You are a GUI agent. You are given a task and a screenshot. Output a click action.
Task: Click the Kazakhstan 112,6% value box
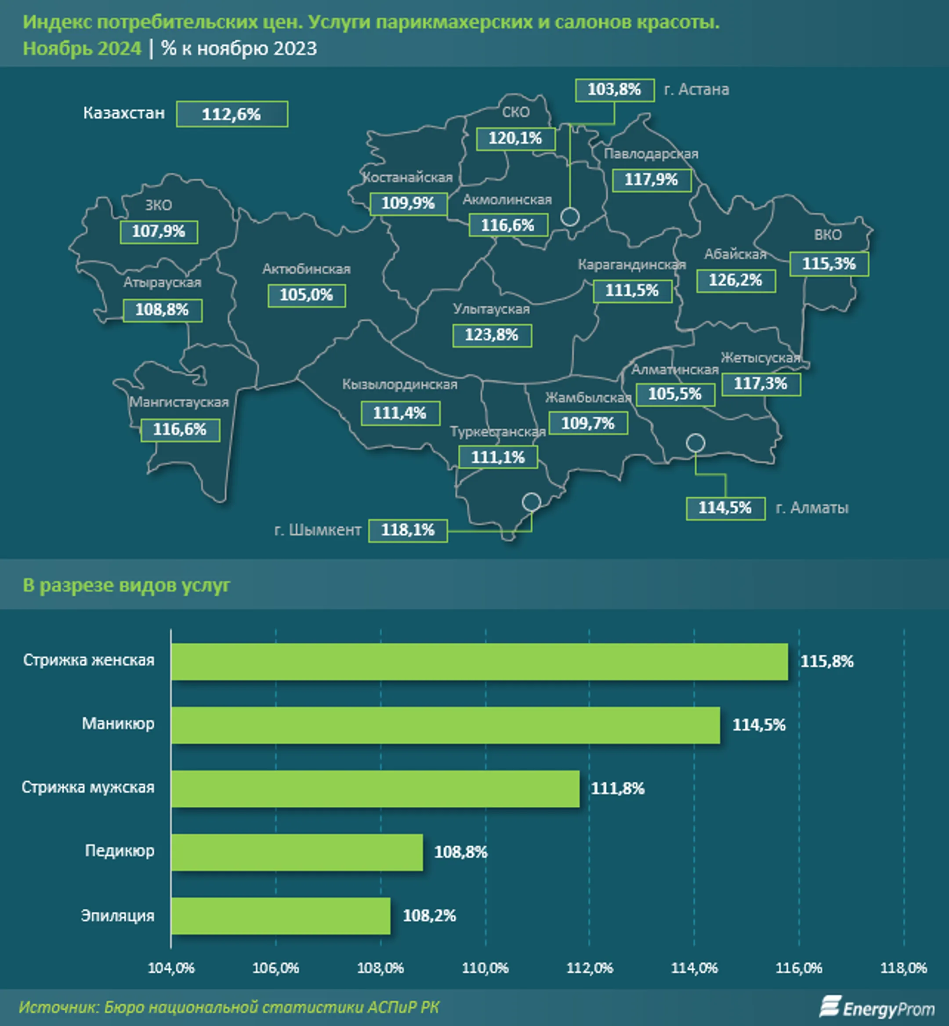[232, 114]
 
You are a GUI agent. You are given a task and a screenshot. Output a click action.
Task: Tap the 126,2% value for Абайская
[735, 280]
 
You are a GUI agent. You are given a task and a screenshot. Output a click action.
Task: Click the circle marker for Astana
[569, 217]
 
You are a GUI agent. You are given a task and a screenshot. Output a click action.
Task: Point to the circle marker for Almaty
[695, 442]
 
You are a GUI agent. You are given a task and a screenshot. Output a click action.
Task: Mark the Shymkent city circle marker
[531, 501]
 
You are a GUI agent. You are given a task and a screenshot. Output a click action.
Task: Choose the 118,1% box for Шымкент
[408, 530]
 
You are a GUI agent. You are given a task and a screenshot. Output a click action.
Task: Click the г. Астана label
[696, 90]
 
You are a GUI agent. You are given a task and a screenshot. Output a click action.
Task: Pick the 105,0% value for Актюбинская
[306, 295]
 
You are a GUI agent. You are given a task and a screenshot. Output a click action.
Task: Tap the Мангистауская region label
[179, 402]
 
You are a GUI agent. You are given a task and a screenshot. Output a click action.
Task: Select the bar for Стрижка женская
[479, 661]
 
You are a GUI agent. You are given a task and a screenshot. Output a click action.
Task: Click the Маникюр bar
[445, 725]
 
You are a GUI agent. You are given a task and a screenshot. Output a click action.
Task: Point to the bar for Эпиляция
[280, 916]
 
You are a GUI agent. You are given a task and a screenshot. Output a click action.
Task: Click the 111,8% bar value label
[617, 788]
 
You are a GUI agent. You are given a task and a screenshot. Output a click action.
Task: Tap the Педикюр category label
[119, 851]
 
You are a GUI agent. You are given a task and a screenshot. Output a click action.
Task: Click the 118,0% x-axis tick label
[903, 968]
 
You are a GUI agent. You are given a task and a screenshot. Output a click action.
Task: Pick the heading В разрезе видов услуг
[127, 585]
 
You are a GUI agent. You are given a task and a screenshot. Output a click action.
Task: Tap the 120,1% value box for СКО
[515, 139]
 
